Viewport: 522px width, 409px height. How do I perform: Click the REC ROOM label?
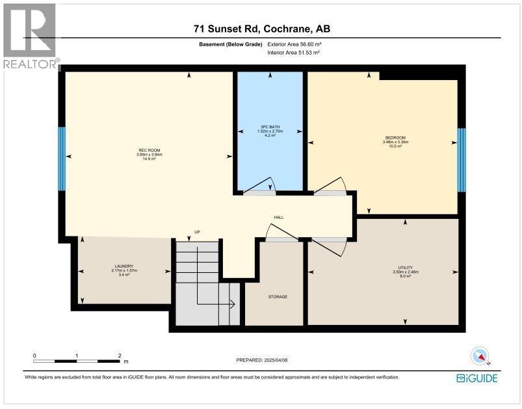tap(145, 150)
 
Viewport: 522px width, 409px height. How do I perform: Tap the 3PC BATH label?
tap(269, 126)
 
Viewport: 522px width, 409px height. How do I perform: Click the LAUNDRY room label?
tap(124, 266)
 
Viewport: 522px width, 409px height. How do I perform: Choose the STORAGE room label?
tap(278, 296)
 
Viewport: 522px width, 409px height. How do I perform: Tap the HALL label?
tap(278, 218)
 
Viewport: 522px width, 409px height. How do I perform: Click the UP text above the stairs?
tap(196, 232)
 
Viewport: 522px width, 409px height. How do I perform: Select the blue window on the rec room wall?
tap(62, 159)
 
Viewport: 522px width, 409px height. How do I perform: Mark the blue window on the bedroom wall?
tap(461, 160)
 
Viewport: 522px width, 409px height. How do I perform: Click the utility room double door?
tap(329, 247)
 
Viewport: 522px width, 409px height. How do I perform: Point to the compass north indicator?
tap(480, 356)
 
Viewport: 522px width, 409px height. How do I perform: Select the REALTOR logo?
tap(30, 36)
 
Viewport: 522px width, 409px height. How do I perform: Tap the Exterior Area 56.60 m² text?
tap(293, 45)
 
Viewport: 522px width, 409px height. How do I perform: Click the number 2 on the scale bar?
tap(119, 356)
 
